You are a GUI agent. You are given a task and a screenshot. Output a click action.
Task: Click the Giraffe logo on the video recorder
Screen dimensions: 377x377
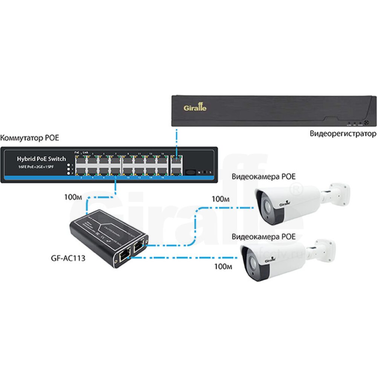195,108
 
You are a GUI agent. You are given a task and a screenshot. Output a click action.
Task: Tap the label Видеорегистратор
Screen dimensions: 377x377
343,133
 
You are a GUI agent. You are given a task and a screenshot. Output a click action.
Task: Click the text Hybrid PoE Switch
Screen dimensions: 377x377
41,159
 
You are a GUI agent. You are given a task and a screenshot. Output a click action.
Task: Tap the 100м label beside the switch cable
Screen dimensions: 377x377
73,197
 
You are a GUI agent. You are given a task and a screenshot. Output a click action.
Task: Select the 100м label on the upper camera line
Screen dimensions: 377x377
221,199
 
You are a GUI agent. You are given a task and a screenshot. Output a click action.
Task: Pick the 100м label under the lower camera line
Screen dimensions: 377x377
223,267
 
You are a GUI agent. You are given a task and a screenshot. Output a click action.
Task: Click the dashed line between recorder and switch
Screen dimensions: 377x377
176,140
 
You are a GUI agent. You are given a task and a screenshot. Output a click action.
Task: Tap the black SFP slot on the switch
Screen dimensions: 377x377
192,172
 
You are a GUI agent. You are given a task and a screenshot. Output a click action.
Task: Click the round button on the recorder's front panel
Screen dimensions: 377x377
365,123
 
